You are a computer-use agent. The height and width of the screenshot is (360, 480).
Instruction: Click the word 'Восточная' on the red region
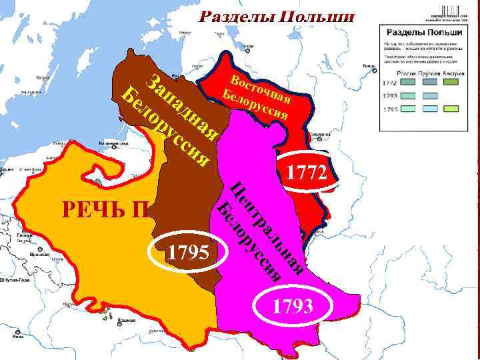coord(261,91)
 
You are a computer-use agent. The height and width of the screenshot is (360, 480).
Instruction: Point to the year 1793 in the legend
coord(390,96)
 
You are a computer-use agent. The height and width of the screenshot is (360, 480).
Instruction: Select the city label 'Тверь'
coord(368,66)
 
